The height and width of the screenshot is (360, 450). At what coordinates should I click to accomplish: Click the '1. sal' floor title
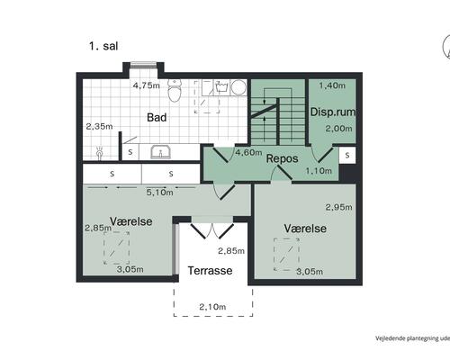click(103, 46)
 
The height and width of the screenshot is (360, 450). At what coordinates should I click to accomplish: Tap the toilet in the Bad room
click(175, 90)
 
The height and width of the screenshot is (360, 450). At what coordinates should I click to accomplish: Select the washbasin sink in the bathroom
click(161, 152)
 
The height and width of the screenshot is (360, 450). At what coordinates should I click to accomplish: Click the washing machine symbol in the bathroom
click(222, 86)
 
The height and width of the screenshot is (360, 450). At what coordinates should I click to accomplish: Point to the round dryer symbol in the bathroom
click(238, 87)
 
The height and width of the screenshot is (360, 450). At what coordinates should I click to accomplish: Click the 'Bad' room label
click(157, 117)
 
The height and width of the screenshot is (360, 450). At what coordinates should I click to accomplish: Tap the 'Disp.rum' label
click(333, 112)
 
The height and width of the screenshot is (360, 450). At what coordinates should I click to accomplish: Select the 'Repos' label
click(282, 158)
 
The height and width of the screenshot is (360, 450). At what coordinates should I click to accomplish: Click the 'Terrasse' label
click(210, 271)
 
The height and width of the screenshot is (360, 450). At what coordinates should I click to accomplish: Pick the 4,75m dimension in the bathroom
click(147, 85)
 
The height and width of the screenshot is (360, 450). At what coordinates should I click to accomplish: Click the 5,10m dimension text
click(160, 193)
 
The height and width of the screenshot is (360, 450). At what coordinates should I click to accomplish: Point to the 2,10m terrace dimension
click(212, 307)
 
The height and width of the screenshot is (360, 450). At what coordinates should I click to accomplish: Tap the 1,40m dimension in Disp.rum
click(332, 85)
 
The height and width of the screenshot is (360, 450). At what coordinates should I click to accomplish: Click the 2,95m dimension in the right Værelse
click(339, 207)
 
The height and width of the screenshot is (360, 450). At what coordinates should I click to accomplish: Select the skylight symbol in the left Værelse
click(117, 248)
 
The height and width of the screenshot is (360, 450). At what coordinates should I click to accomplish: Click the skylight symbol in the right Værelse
click(286, 255)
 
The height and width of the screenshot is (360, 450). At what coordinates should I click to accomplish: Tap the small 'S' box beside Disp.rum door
click(347, 155)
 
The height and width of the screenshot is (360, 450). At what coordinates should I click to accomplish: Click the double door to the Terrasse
click(212, 231)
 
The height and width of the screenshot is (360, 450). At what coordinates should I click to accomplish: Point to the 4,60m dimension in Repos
click(248, 152)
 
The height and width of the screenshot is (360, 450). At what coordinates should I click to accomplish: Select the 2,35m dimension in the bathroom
click(99, 127)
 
